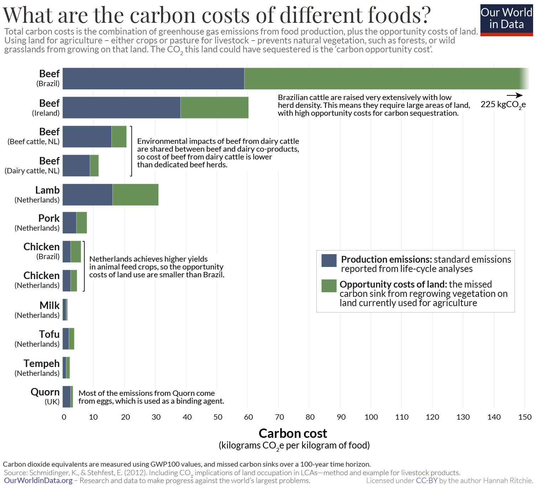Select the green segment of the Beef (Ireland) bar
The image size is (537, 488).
click(x=214, y=107)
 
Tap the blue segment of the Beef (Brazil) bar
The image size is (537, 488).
click(x=153, y=79)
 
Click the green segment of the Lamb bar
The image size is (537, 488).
click(x=135, y=195)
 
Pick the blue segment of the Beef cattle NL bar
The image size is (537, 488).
click(x=87, y=137)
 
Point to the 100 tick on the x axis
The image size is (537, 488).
click(x=371, y=417)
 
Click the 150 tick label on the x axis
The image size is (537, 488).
click(x=525, y=417)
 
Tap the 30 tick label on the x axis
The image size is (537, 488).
click(x=156, y=417)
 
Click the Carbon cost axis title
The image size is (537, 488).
click(x=293, y=434)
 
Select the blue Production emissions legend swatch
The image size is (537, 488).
click(x=329, y=260)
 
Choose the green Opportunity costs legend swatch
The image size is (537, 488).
click(x=329, y=286)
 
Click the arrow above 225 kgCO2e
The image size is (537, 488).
click(x=515, y=95)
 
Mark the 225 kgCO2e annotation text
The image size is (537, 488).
click(x=503, y=105)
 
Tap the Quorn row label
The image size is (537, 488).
click(x=45, y=392)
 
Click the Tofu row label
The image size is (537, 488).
click(x=49, y=335)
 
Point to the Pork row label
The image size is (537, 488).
click(x=49, y=218)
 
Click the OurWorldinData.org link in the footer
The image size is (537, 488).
click(x=38, y=481)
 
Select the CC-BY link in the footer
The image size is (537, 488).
click(x=426, y=481)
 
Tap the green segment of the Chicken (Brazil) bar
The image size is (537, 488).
click(x=76, y=252)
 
